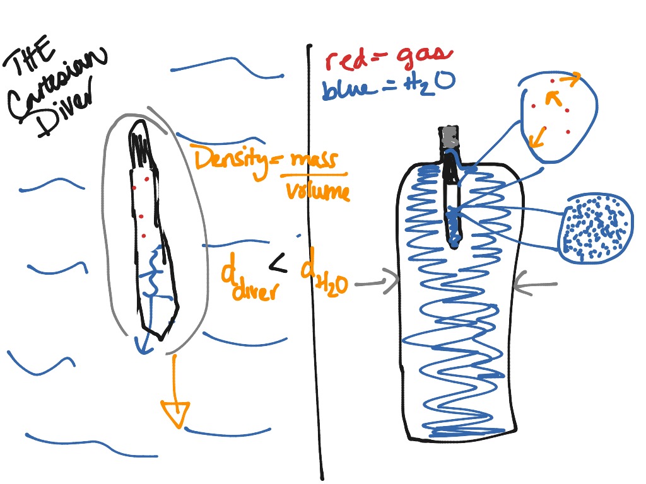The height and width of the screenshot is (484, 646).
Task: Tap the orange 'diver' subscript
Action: (256, 291)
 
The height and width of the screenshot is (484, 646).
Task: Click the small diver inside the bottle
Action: (453, 202)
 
